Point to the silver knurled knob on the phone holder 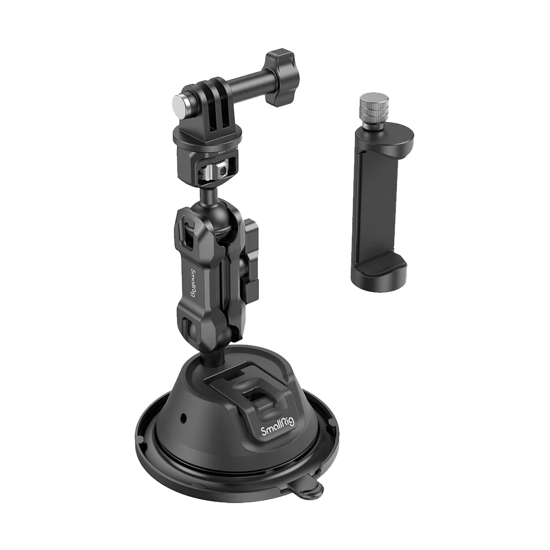point(373,106)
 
